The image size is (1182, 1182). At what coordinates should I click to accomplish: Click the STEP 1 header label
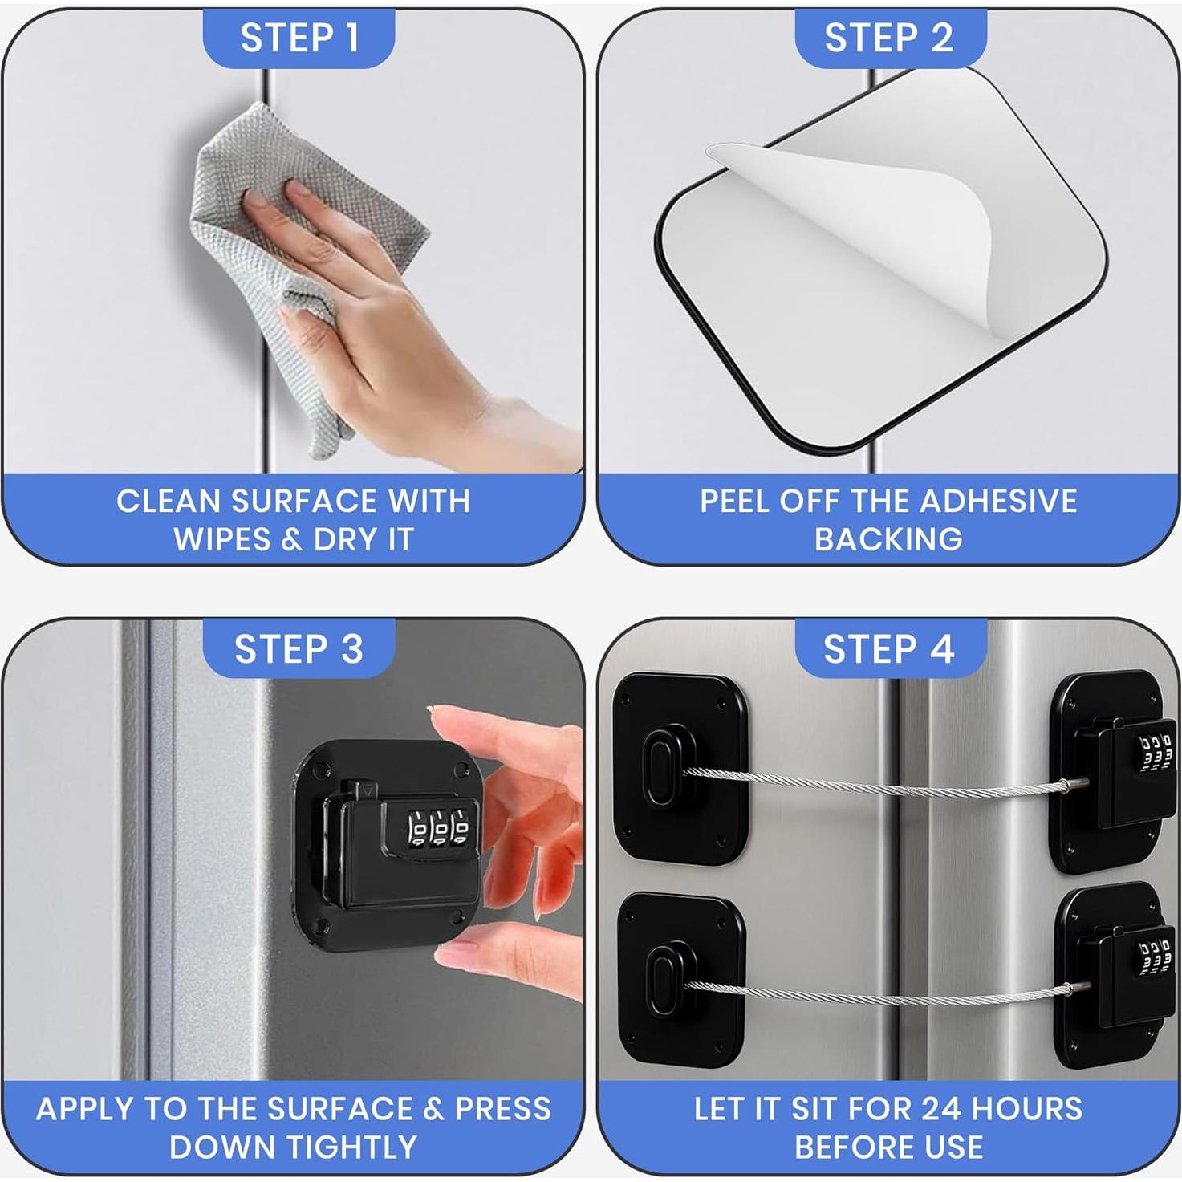coord(299,38)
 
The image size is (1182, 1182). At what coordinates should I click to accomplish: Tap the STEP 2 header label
coord(889,38)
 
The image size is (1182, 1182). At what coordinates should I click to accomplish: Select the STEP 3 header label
coord(299,648)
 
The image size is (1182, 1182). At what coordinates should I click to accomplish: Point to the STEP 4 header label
coord(889,648)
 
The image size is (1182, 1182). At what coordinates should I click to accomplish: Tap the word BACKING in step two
coord(888,540)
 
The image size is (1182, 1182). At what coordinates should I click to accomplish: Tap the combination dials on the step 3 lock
coord(438,828)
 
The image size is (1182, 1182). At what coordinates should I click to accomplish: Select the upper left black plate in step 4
coord(679,766)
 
